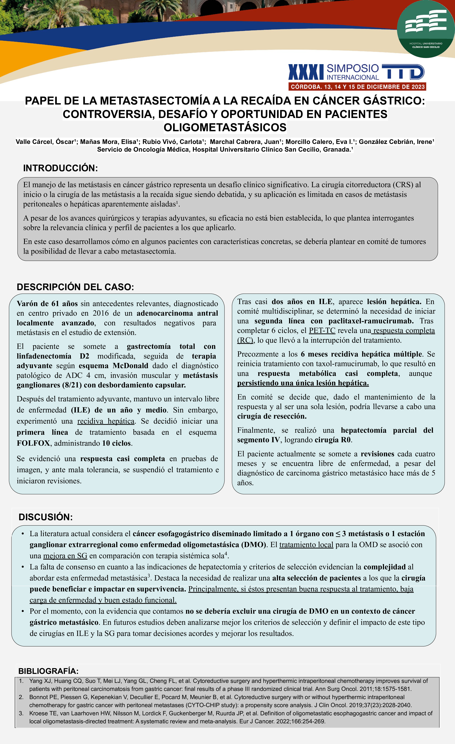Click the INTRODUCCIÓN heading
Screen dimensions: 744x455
[60, 168]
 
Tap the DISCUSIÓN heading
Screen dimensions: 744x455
[46, 517]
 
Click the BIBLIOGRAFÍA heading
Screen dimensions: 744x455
[48, 671]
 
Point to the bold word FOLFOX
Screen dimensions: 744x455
[33, 443]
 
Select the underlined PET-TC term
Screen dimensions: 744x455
[322, 331]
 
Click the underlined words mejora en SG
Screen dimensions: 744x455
[65, 556]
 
